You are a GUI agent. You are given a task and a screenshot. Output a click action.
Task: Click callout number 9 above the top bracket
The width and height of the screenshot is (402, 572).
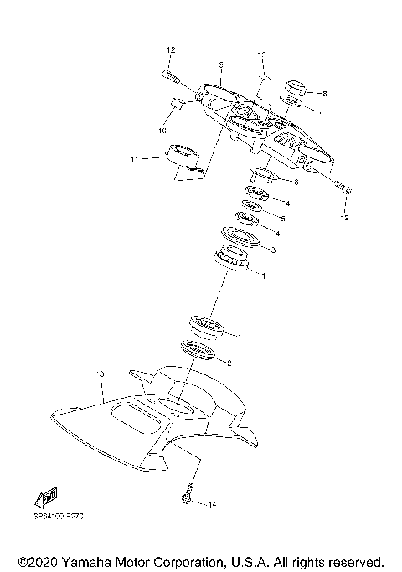[219, 64]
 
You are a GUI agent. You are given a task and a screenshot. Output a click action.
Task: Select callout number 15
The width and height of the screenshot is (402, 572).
[261, 54]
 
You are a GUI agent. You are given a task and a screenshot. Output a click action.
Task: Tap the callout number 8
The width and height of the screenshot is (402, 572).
[325, 93]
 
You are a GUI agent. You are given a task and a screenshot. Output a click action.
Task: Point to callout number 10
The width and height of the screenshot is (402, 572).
[162, 131]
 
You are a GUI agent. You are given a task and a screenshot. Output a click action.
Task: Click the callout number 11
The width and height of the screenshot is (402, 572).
[133, 157]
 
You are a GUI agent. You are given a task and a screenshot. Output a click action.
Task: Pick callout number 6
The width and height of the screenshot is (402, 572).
[296, 180]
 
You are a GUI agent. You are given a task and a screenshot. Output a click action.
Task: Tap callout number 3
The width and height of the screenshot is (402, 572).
[273, 249]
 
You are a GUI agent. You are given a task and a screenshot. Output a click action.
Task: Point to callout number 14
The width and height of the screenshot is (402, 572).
[213, 504]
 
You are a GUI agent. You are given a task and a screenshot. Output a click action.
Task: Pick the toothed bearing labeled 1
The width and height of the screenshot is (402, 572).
[233, 260]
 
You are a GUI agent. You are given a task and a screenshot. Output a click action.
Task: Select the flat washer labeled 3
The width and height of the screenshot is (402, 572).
[239, 240]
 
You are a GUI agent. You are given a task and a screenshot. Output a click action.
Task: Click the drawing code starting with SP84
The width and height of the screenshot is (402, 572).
[59, 516]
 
